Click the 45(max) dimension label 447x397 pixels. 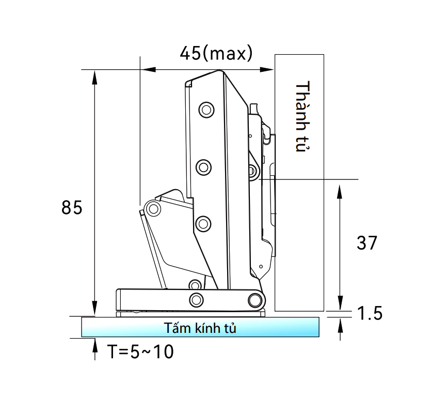[216, 53]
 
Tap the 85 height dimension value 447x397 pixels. [72, 207]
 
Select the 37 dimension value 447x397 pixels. [367, 243]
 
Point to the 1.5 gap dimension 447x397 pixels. [370, 313]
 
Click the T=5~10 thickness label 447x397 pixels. [140, 352]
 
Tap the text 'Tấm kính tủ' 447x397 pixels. [200, 328]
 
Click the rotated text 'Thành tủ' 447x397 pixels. [302, 116]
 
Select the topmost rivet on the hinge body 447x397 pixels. [206, 110]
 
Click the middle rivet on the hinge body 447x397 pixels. [203, 167]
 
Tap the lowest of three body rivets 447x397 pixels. [203, 223]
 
